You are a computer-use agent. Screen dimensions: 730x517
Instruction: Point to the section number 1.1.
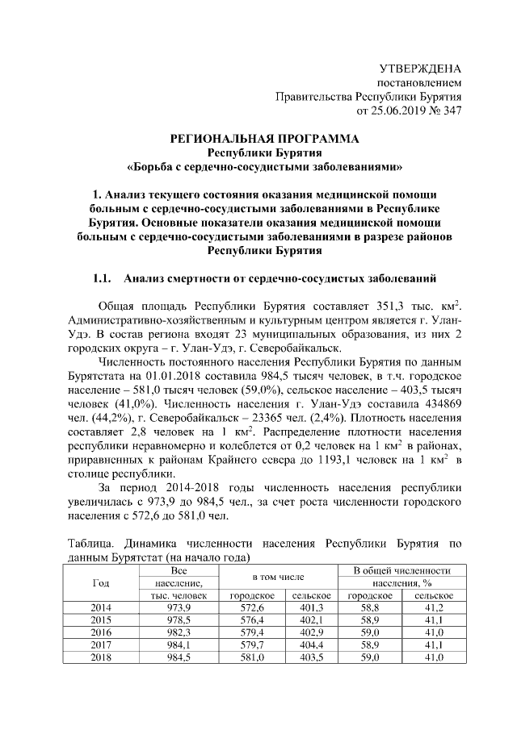tap(101, 279)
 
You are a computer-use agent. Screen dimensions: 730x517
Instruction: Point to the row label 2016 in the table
tap(101, 632)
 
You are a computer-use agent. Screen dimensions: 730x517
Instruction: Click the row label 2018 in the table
tap(101, 658)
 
